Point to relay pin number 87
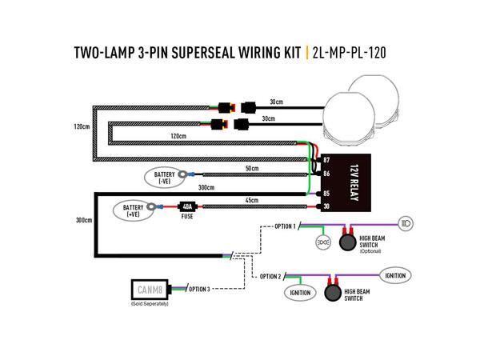coord(326,160)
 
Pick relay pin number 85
coord(326,193)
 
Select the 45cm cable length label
coord(250,201)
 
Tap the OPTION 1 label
coord(285,226)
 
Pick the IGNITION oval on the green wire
coord(298,294)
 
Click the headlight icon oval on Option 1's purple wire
coord(406,222)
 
